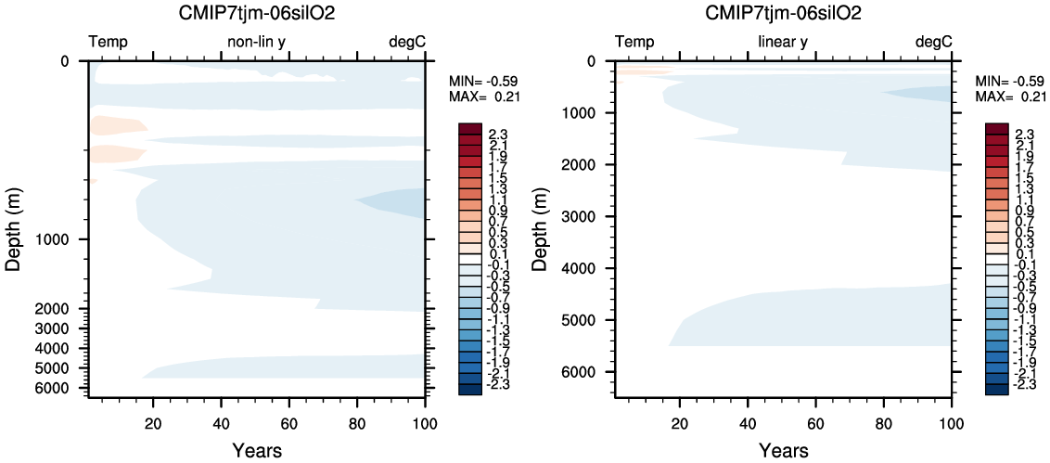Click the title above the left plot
tap(257, 13)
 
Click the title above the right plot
tap(784, 13)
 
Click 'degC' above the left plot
tap(406, 42)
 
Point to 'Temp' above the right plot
tap(634, 42)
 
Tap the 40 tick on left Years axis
tap(222, 418)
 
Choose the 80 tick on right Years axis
tap(884, 418)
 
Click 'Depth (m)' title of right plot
tap(540, 226)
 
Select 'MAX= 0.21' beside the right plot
tap(1009, 96)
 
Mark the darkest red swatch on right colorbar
tap(996, 128)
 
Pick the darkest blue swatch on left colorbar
tap(469, 390)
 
